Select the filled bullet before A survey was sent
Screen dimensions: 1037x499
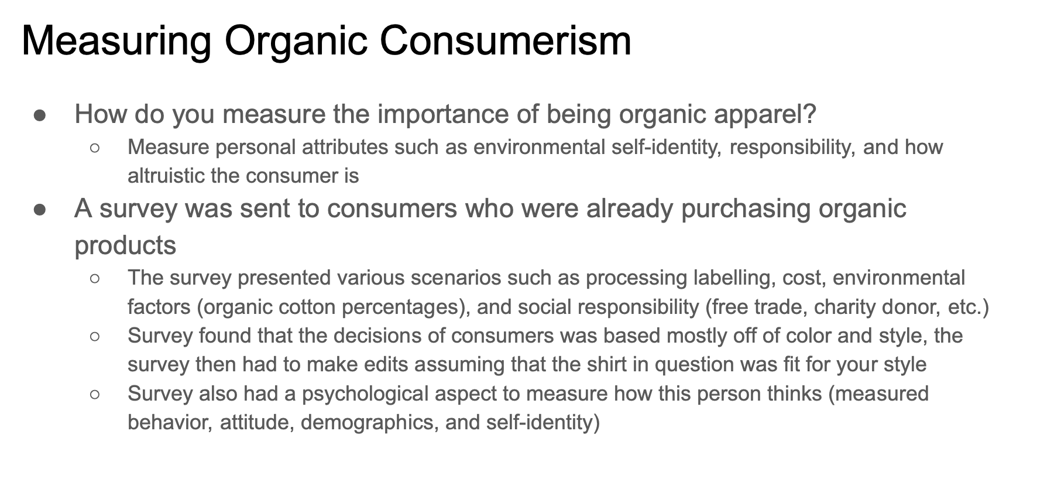pyautogui.click(x=40, y=210)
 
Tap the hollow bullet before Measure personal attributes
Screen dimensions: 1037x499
pyautogui.click(x=95, y=148)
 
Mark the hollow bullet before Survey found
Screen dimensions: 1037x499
pyautogui.click(x=95, y=337)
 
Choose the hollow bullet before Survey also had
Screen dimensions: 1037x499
pyautogui.click(x=95, y=395)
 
